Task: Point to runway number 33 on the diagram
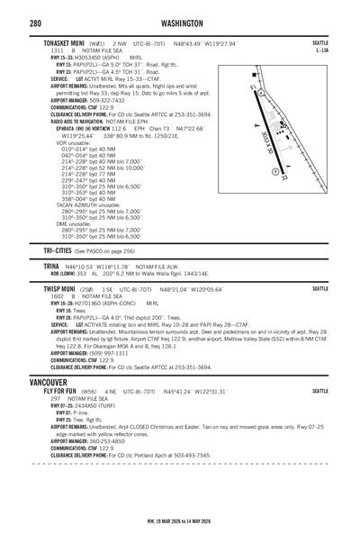click(x=283, y=178)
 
